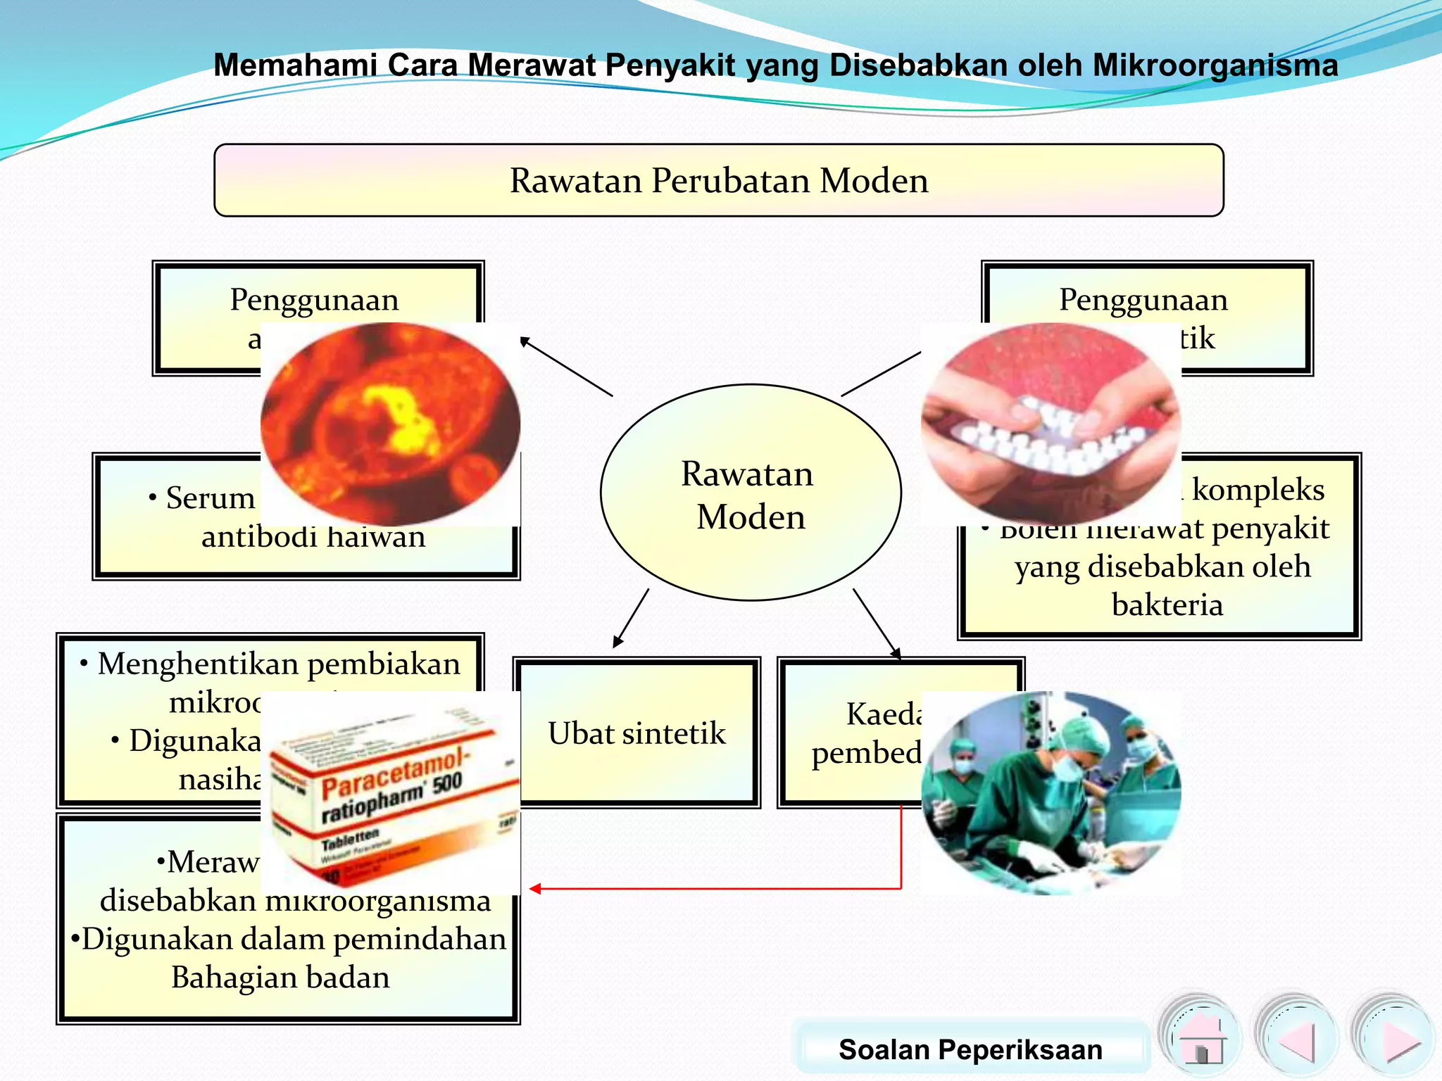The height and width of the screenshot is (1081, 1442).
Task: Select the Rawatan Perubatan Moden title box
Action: point(718,180)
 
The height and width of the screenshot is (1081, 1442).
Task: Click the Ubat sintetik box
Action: point(637,733)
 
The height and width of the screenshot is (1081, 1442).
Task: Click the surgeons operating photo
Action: point(1051,792)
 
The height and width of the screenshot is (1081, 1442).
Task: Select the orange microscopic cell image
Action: point(390,424)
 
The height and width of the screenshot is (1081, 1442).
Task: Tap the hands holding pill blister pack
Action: point(1051,424)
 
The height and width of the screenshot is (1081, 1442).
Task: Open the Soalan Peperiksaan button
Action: point(970,1049)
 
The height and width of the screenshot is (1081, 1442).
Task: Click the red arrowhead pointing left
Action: point(535,889)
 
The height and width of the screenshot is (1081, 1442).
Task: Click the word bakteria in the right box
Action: point(1167,605)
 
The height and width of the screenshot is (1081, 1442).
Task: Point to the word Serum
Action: point(210,498)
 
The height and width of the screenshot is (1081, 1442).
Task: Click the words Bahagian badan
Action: point(280,978)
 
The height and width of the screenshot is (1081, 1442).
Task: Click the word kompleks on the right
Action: point(1258,490)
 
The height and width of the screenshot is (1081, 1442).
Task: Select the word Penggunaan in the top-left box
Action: point(314,300)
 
